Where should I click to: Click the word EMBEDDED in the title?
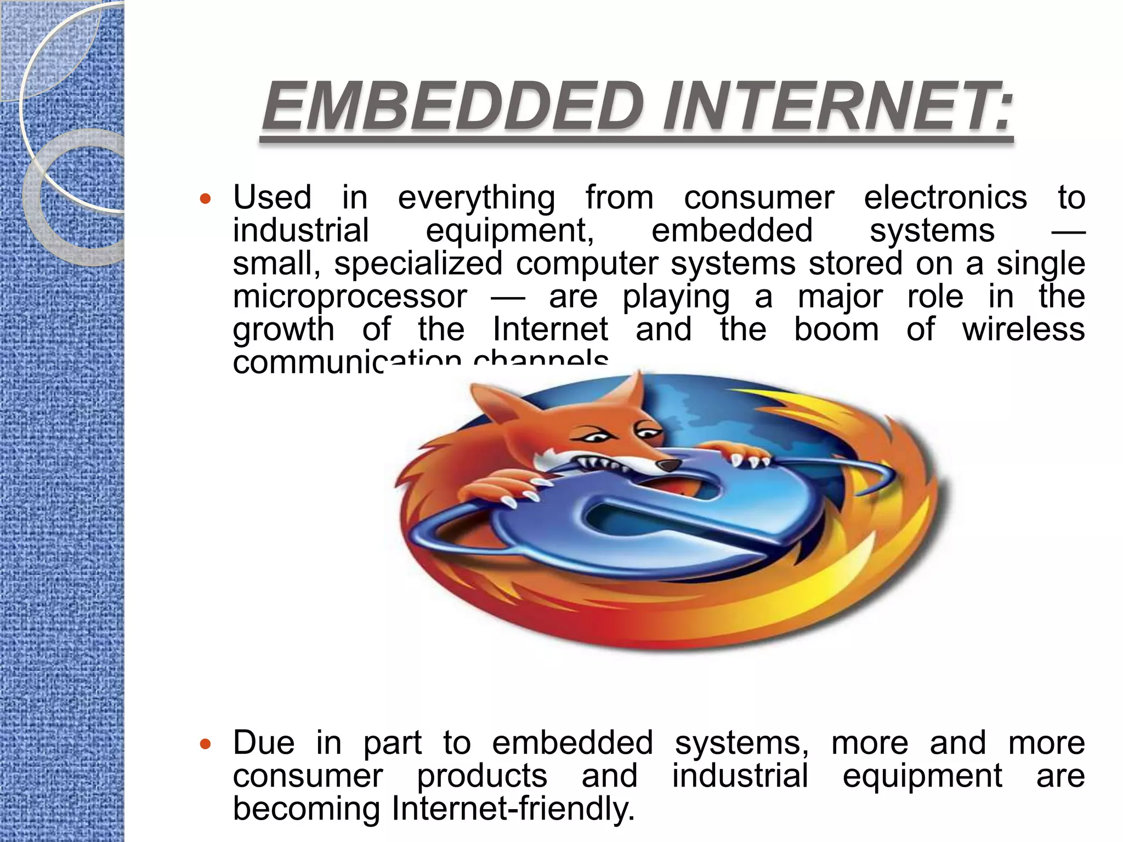click(452, 107)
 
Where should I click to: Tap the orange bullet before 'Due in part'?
click(205, 744)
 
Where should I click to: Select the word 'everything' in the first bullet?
click(476, 198)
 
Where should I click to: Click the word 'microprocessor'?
click(350, 298)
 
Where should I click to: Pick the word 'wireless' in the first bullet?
click(1023, 329)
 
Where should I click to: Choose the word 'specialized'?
click(418, 264)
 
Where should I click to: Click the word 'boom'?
click(836, 329)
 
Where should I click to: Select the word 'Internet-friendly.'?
click(513, 809)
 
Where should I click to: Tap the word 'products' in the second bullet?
click(482, 777)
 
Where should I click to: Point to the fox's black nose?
click(668, 465)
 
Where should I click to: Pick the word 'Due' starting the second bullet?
click(263, 743)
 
